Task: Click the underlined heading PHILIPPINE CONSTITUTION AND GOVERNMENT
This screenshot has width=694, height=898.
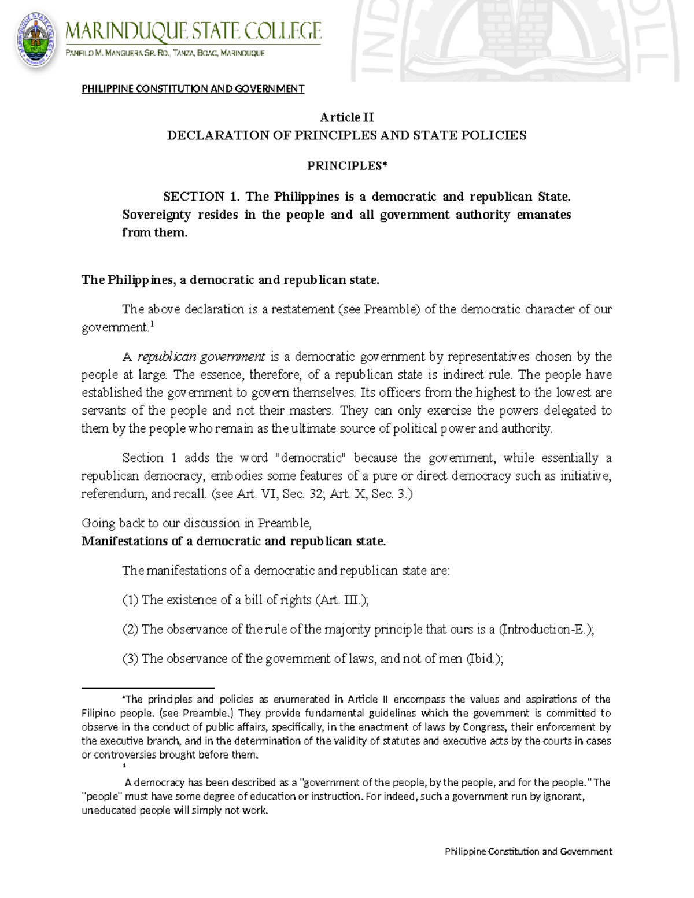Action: pos(193,88)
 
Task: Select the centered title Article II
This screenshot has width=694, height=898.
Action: pos(346,117)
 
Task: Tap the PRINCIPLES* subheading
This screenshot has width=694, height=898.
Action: pos(346,166)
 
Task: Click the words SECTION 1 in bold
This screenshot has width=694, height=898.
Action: pos(196,197)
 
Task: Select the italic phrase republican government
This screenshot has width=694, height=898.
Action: pos(201,356)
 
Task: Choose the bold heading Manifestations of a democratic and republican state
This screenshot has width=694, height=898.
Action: pos(233,541)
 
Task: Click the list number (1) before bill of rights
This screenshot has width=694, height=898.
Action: pos(130,600)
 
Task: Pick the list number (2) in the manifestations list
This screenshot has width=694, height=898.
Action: pos(130,630)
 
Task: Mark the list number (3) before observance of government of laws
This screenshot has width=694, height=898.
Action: pos(130,659)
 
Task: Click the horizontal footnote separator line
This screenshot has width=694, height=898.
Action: pos(147,689)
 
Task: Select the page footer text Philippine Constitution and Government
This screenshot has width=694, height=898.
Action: pos(528,851)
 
